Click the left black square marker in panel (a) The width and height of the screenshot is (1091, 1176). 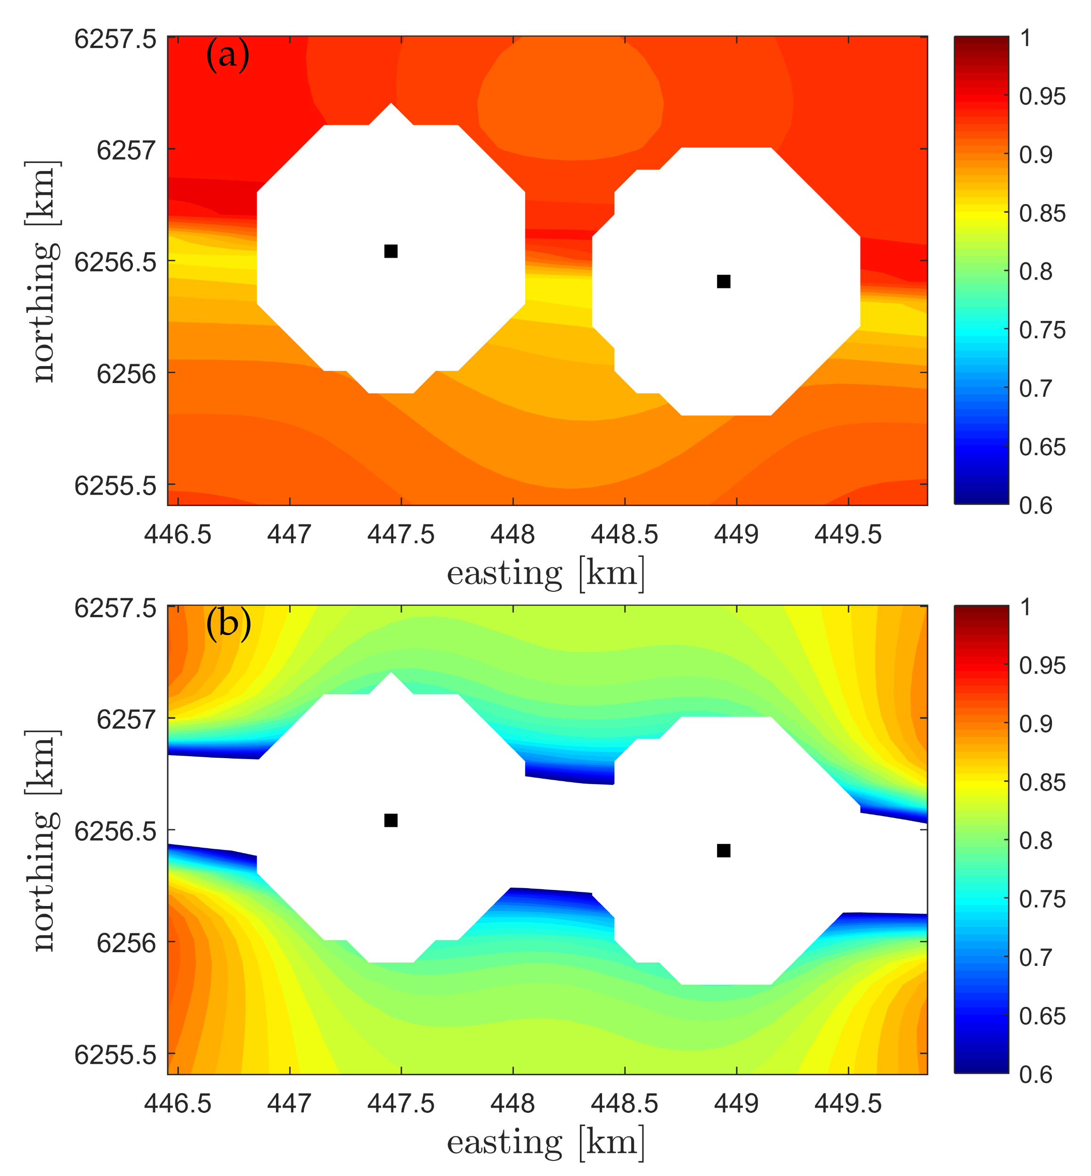click(391, 252)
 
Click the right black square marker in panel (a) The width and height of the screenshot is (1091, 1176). click(724, 282)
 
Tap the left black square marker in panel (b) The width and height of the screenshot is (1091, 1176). click(391, 821)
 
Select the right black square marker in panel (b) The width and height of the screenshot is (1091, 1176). click(724, 851)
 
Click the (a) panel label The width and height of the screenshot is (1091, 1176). click(228, 56)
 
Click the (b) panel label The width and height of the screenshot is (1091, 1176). click(228, 624)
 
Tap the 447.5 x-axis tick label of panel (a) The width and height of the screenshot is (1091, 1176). click(401, 535)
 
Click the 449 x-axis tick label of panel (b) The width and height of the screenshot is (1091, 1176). click(736, 1103)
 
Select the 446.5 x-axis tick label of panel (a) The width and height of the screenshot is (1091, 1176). click(178, 535)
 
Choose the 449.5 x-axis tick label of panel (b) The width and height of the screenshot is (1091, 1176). click(848, 1103)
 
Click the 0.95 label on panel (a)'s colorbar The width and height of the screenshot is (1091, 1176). click(1042, 97)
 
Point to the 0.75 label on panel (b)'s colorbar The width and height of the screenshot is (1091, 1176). click(1042, 899)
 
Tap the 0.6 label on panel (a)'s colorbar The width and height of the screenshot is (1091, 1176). click(1035, 506)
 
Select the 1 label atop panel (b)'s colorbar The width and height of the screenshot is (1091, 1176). click(1026, 607)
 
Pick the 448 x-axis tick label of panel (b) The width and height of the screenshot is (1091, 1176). click(513, 1103)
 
